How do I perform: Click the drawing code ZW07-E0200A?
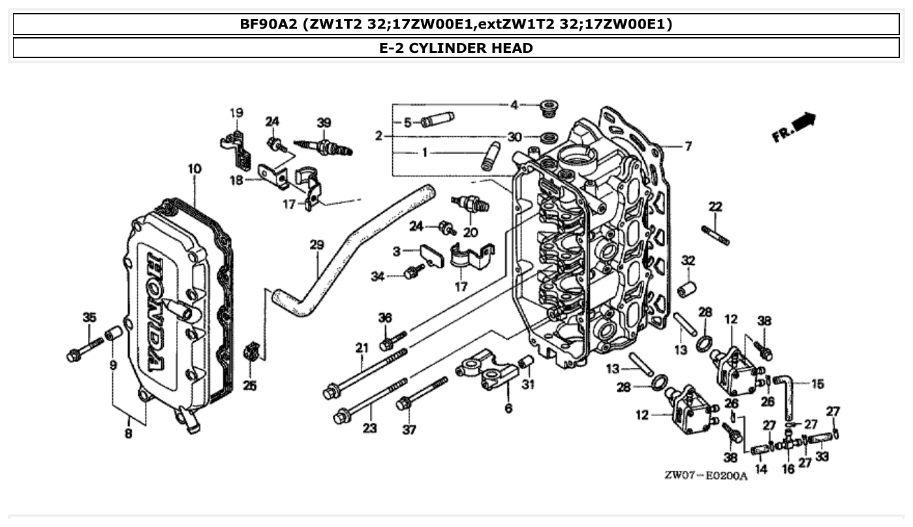coord(705,475)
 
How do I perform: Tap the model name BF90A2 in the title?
coord(268,25)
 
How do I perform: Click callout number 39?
coord(324,123)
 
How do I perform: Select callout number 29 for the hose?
coord(317,245)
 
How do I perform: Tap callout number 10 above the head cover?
coord(194,169)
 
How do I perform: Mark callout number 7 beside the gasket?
coord(688,147)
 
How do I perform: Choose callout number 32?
coord(688,261)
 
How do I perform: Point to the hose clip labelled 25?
coord(250,353)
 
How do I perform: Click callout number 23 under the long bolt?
coord(370,429)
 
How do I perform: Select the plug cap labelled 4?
coord(551,106)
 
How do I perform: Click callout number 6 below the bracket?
coord(508,408)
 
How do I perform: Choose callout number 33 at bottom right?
coord(822,457)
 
